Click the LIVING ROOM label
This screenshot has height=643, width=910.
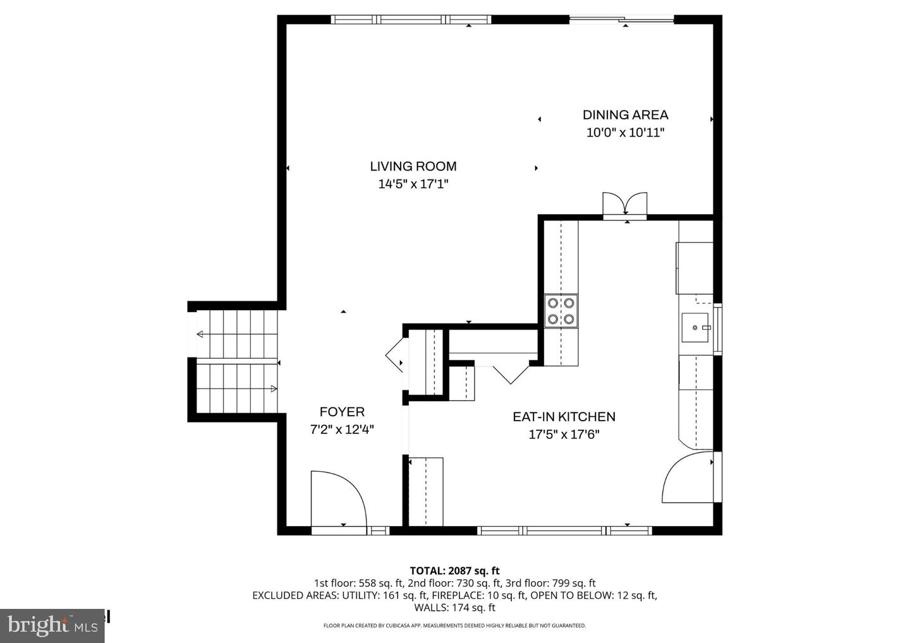pos(413,166)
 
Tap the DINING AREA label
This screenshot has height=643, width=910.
pos(625,114)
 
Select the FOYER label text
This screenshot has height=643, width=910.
pos(342,412)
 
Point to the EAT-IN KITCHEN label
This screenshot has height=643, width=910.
pos(564,417)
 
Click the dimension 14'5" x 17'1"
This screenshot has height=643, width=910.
pos(413,184)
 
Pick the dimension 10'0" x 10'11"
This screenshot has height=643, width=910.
pos(625,133)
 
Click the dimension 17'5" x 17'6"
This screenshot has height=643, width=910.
pos(564,435)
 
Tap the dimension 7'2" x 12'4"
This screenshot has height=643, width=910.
pos(342,430)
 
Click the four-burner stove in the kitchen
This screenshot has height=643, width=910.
pos(561,311)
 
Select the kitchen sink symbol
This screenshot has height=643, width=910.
pos(696,328)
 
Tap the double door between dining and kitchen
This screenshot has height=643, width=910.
pos(624,204)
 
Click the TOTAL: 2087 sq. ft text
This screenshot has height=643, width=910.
pos(454,571)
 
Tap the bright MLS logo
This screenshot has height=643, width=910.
pos(52,625)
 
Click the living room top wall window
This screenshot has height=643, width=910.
pos(411,20)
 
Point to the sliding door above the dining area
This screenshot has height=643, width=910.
pos(622,20)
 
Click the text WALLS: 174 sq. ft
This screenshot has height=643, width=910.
pos(454,608)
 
